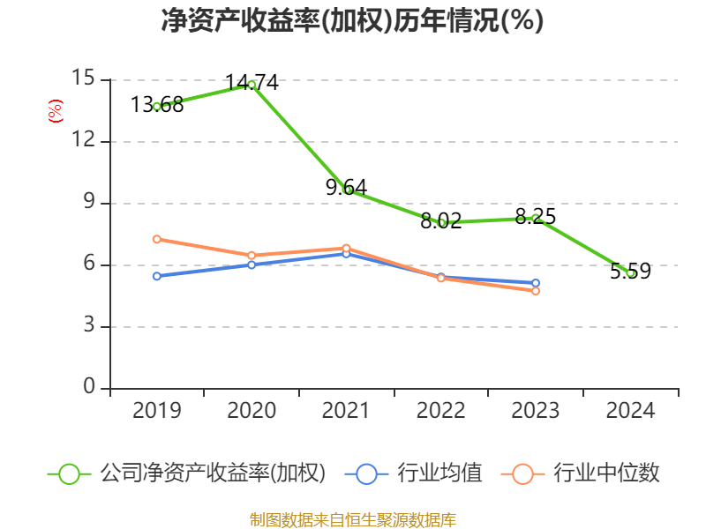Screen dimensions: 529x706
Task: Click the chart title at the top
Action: coord(352,21)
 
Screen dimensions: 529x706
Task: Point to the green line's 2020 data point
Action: coord(252,85)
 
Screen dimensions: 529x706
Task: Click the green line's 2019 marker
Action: coord(157,107)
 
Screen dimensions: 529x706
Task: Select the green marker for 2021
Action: coord(347,190)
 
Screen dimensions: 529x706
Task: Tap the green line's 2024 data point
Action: coord(630,273)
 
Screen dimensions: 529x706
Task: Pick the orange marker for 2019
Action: coord(157,239)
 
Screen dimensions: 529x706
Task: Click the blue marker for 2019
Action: coord(157,276)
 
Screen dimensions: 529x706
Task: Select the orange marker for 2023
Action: coord(536,290)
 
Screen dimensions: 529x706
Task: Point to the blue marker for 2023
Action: coord(536,283)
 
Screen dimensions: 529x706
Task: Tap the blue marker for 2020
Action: coord(252,264)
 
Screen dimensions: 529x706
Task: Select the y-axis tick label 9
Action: coord(89,203)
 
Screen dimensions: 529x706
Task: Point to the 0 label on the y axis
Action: coord(89,387)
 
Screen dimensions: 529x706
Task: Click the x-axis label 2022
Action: coord(440,411)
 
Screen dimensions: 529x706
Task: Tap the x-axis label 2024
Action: coord(630,411)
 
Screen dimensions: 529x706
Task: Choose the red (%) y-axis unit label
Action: coord(55,111)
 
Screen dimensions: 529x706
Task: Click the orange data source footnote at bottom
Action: coord(352,519)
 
